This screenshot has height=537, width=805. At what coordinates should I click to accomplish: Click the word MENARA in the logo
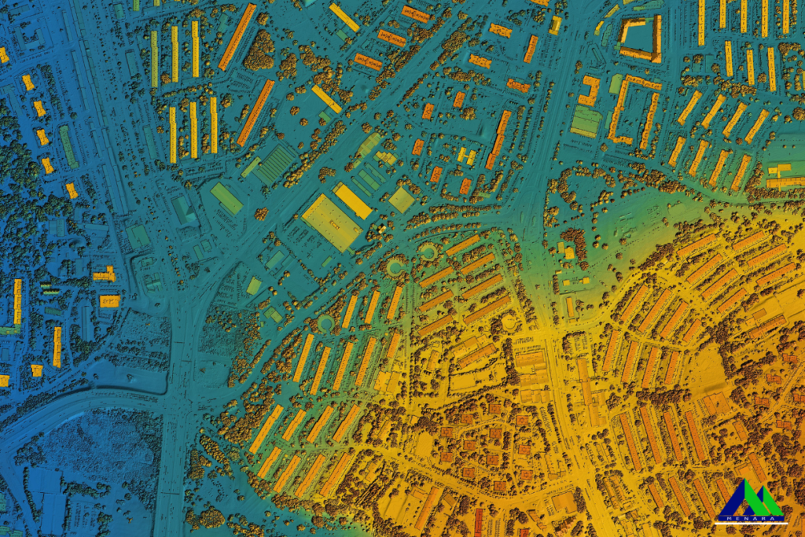(x=750, y=517)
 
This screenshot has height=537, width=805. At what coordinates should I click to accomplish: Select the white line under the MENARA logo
(x=751, y=522)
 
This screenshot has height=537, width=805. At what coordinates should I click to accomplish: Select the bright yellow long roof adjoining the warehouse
(x=353, y=201)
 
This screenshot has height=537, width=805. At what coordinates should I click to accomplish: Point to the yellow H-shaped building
(x=466, y=155)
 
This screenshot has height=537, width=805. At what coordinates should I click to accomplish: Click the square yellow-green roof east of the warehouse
(x=401, y=200)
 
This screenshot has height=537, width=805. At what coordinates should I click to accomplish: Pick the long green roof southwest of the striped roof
(x=226, y=198)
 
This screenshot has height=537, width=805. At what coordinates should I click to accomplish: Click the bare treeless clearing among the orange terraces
(x=707, y=369)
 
